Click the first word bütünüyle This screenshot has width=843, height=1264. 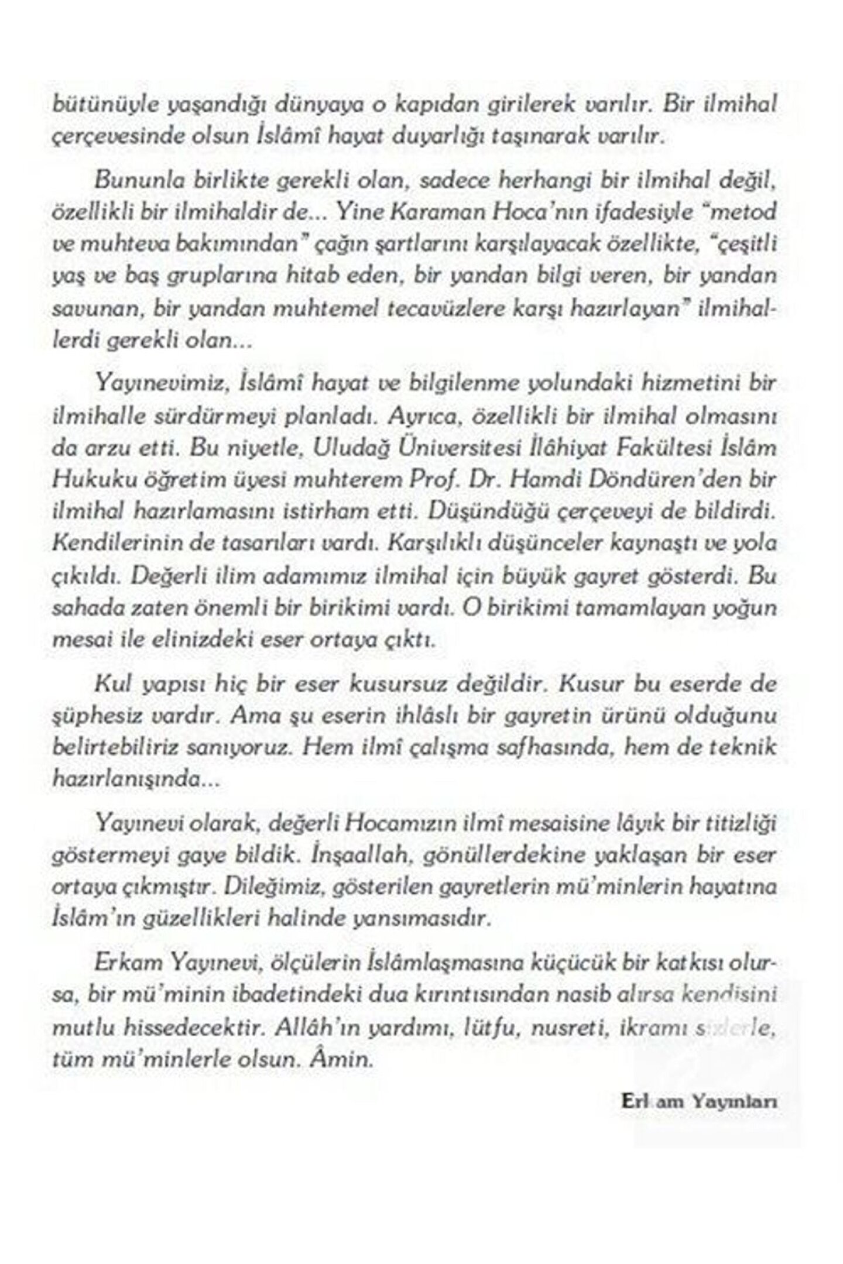(90, 106)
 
